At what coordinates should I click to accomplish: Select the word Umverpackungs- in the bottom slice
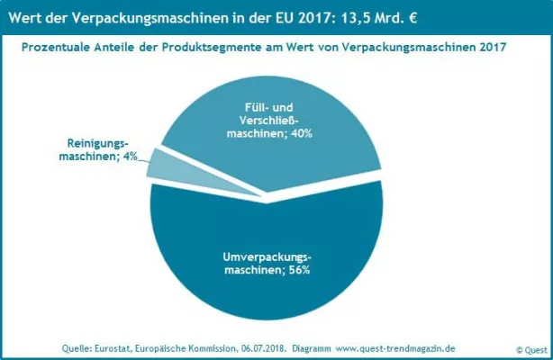(x=267, y=256)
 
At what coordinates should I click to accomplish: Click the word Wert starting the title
(x=28, y=16)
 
